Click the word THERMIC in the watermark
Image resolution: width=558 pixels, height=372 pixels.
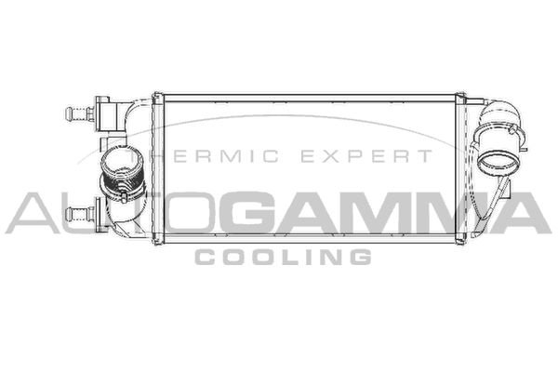tap(203, 156)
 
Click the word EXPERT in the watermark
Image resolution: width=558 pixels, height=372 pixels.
tap(366, 156)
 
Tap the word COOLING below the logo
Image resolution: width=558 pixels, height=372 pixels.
tap(284, 257)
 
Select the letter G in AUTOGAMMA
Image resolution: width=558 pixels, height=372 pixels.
tap(246, 213)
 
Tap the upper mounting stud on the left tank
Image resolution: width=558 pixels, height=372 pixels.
tap(80, 113)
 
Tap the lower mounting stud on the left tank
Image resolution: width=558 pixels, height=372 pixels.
tap(80, 214)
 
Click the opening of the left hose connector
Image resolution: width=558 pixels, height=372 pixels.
tap(122, 159)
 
